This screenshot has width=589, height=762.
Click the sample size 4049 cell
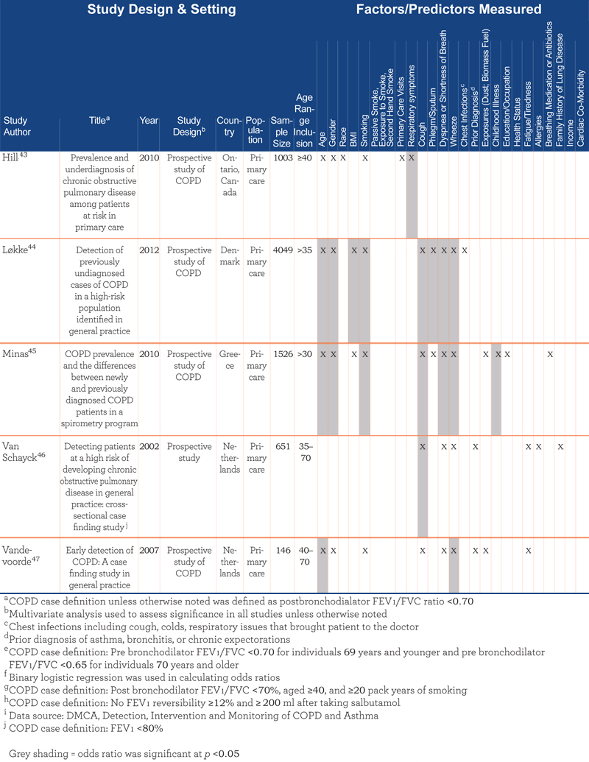tap(283, 250)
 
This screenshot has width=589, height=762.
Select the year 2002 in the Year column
tap(149, 447)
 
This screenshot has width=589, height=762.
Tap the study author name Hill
tap(10, 158)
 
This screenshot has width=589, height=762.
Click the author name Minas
tap(15, 354)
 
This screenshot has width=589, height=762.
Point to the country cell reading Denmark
tap(230, 256)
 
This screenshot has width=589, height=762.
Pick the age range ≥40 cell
tap(305, 158)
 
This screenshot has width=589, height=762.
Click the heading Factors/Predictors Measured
tap(448, 10)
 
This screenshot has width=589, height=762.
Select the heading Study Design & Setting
tap(161, 10)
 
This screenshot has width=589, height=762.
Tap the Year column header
tap(149, 121)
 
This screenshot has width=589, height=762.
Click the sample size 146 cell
tap(283, 551)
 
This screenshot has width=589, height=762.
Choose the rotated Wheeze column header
tap(454, 131)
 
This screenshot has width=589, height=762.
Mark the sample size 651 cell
tap(283, 447)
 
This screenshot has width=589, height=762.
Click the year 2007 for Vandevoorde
tap(149, 551)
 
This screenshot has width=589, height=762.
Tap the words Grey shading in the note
tap(39, 754)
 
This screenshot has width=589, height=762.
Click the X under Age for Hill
tap(323, 158)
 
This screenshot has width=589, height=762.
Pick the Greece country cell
tap(230, 360)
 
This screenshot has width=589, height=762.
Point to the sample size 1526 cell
tap(283, 354)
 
